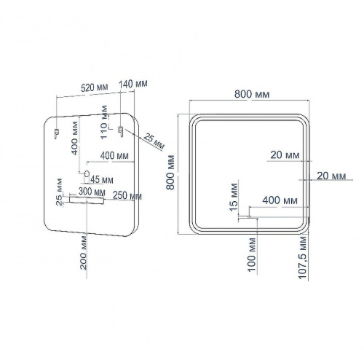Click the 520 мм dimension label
coord(95,87)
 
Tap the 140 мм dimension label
coord(133,84)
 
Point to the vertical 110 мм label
coord(103,122)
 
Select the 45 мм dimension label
coord(102,180)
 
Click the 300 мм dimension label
coord(92,192)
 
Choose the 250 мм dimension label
coord(127,195)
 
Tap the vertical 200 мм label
coord(83,253)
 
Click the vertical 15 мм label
coord(234,197)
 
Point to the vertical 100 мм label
coord(252,254)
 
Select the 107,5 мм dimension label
coord(303,257)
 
